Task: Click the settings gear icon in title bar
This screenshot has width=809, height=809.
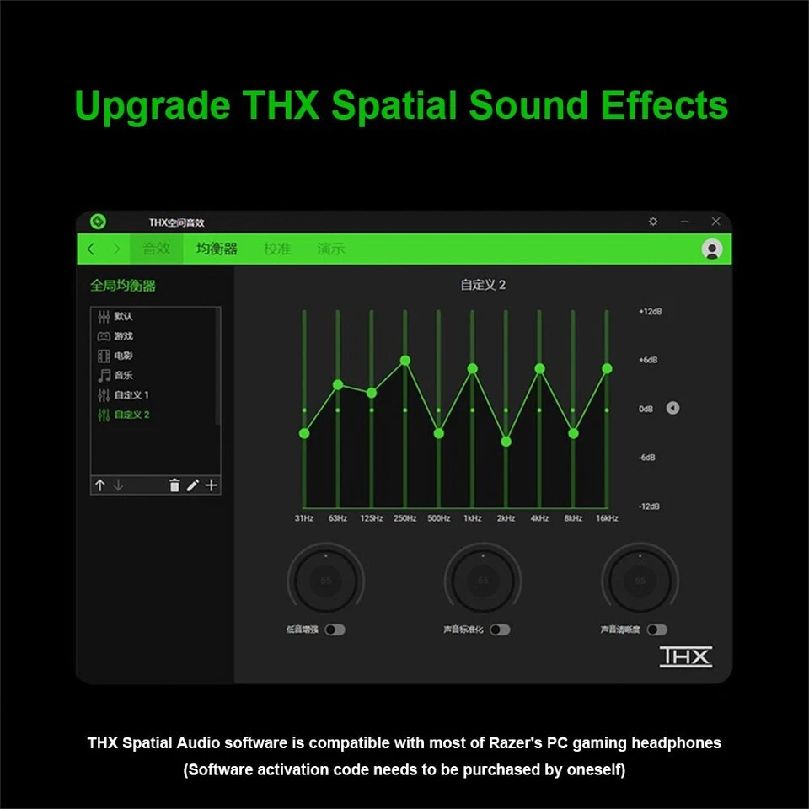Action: click(x=653, y=222)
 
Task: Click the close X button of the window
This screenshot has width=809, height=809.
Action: click(x=715, y=222)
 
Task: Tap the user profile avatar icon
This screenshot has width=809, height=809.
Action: click(x=712, y=249)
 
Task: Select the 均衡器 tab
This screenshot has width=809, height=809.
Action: click(x=217, y=249)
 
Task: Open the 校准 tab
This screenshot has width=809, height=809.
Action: click(x=277, y=249)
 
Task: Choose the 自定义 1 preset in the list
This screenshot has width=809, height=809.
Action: click(x=131, y=395)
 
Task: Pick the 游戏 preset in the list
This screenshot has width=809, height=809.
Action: click(x=123, y=336)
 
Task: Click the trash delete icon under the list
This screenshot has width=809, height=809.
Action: click(x=174, y=485)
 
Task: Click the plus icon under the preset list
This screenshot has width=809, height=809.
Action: click(x=212, y=485)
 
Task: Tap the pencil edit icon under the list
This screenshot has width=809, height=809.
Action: click(x=193, y=485)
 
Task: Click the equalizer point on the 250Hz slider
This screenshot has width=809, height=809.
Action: click(x=405, y=361)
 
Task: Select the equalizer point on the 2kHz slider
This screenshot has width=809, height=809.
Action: click(x=506, y=442)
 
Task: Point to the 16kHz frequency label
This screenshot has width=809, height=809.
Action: click(x=607, y=518)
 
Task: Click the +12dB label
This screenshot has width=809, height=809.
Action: click(x=651, y=312)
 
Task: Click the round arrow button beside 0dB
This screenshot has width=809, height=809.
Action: click(x=672, y=409)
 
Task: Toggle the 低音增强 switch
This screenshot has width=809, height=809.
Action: click(x=335, y=630)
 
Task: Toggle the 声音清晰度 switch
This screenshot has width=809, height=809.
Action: click(x=656, y=630)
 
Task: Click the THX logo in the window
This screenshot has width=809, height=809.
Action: click(x=685, y=656)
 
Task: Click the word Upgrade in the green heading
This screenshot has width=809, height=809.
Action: click(x=152, y=106)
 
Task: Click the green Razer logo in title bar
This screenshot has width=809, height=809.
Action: click(x=99, y=222)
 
